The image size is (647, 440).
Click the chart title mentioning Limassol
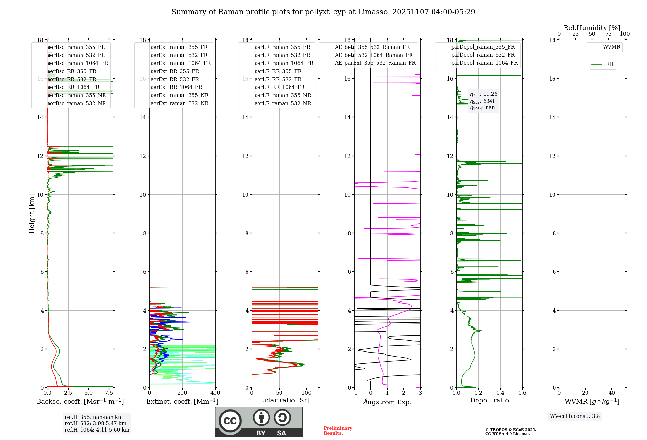pos(323,12)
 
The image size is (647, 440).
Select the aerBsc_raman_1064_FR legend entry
pos(71,63)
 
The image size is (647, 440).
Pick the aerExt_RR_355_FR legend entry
pos(168,71)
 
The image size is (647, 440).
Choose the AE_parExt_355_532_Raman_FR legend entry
pos(368,63)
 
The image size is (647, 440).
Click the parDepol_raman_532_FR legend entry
pos(476,55)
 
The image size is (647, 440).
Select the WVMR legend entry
pos(605,47)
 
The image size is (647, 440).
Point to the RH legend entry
pos(603,64)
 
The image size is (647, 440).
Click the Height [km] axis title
pos(32,214)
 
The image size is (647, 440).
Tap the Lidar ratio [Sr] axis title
pos(285,401)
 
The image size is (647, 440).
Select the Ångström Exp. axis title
pos(387,402)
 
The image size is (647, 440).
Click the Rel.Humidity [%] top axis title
pos(592,28)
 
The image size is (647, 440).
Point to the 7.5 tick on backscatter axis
pos(109,393)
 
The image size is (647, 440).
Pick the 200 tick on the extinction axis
pos(182,393)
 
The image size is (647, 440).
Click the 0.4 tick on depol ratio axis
pos(500,393)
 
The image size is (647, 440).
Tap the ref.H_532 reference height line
pos(95,423)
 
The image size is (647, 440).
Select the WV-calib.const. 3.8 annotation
pos(575,416)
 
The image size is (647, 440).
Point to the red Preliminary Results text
pos(338,431)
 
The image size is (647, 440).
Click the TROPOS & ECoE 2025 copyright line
pos(511,430)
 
